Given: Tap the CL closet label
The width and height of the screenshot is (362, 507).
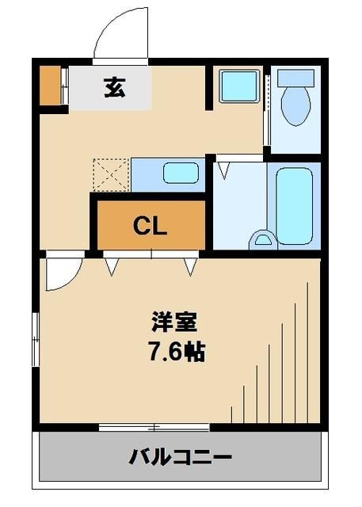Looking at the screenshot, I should pyautogui.click(x=150, y=227).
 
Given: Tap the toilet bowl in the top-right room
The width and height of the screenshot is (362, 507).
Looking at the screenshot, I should pyautogui.click(x=296, y=102).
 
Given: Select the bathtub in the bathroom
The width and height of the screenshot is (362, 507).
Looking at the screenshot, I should pyautogui.click(x=295, y=204).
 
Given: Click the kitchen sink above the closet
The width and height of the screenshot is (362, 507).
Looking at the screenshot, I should pyautogui.click(x=181, y=173).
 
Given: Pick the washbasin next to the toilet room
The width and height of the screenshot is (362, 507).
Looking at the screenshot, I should pyautogui.click(x=239, y=86).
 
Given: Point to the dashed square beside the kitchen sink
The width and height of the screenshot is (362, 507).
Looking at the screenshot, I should pyautogui.click(x=111, y=173).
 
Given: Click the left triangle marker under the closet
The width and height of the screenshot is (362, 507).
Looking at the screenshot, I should pyautogui.click(x=112, y=267).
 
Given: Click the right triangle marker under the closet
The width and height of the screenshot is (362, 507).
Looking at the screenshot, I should pyautogui.click(x=191, y=267).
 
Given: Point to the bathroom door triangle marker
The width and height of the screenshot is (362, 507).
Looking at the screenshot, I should pyautogui.click(x=226, y=169).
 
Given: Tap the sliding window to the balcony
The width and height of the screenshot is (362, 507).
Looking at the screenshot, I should pyautogui.click(x=154, y=428).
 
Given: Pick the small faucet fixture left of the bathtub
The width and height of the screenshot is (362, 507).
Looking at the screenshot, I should pyautogui.click(x=261, y=238).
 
